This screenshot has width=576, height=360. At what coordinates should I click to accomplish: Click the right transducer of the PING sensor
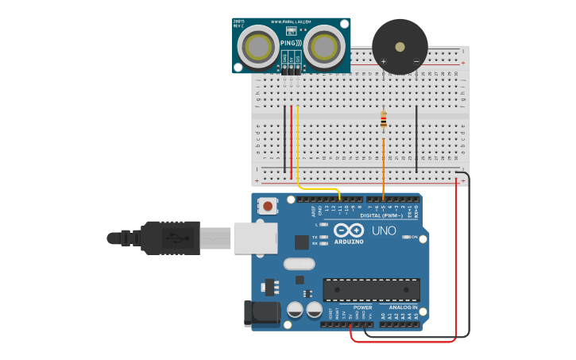click(324, 46)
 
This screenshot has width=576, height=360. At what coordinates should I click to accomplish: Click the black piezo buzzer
click(399, 46)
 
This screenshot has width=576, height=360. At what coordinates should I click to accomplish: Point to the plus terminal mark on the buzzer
click(383, 61)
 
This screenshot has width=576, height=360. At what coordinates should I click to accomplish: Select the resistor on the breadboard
click(384, 120)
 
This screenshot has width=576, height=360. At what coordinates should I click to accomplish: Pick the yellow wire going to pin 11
click(299, 151)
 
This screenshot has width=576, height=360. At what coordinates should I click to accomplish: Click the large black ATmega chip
click(371, 290)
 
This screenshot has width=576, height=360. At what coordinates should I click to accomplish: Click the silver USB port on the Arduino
click(255, 238)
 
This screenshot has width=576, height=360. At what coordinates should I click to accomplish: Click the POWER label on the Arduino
click(362, 307)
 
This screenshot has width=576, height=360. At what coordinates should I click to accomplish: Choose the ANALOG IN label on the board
click(403, 307)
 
